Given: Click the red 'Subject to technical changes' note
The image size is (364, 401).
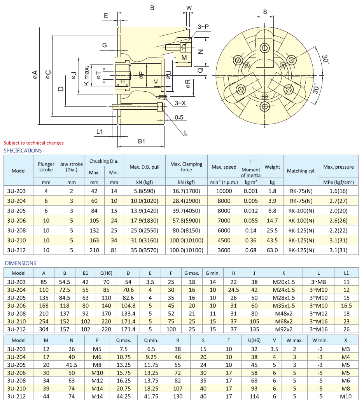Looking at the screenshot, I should click(x=33, y=143).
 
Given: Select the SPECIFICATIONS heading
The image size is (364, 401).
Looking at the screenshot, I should click(x=23, y=150).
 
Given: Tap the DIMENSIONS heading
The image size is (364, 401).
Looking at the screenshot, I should click(x=20, y=263).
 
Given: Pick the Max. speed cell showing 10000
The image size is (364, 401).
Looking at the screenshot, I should click(x=224, y=191).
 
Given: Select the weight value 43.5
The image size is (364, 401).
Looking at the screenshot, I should click(x=272, y=241).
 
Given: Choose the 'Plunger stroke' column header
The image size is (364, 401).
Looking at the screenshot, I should click(x=46, y=167).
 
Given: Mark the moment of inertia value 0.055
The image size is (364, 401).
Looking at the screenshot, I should click(x=250, y=221).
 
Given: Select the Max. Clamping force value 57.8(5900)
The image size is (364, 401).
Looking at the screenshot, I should click(x=186, y=221).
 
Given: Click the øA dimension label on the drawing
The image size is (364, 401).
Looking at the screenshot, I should click(x=35, y=75).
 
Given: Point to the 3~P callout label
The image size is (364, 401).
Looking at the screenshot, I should click(x=203, y=27).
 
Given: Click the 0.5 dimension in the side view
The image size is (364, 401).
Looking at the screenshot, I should click(x=179, y=117).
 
